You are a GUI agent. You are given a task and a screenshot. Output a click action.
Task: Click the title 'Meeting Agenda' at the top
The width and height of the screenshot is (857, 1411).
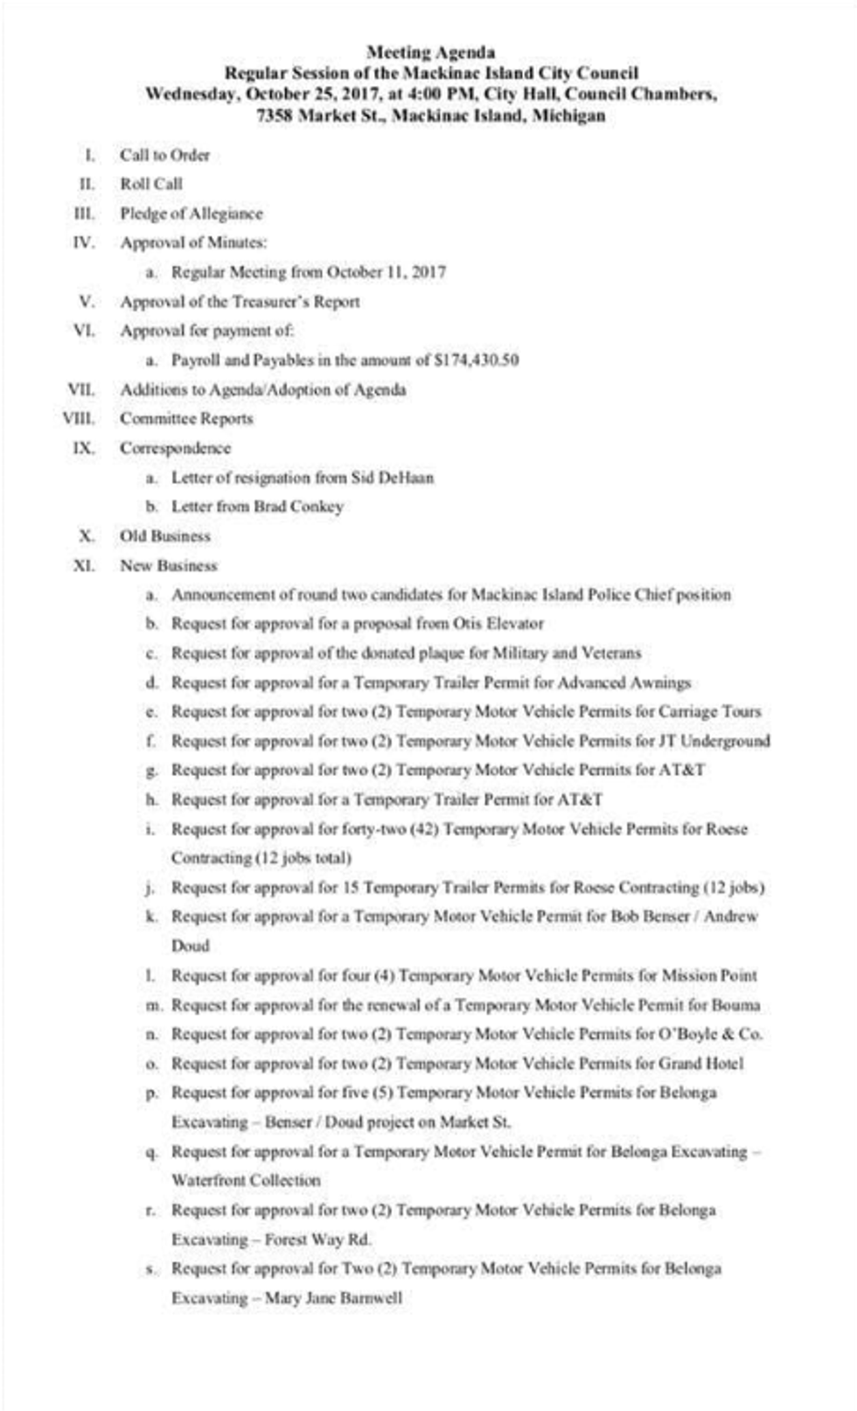click(430, 52)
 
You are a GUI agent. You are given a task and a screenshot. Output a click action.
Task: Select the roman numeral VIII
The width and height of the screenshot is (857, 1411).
click(79, 418)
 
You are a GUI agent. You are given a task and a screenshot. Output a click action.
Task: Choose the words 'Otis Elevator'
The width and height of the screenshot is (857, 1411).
click(498, 624)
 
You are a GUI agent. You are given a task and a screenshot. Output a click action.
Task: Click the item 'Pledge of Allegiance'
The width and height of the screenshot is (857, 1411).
click(191, 213)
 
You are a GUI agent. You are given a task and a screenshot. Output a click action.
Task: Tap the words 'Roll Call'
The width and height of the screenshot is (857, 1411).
click(151, 184)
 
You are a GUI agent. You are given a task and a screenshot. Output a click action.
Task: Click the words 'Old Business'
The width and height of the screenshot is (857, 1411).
click(164, 536)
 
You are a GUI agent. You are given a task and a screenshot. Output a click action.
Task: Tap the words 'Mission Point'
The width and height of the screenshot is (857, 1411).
click(709, 975)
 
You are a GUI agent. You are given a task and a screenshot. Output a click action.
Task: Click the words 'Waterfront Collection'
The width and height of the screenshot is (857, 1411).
click(246, 1180)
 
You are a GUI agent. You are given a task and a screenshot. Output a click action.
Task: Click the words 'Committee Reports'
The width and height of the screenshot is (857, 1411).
click(186, 418)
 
